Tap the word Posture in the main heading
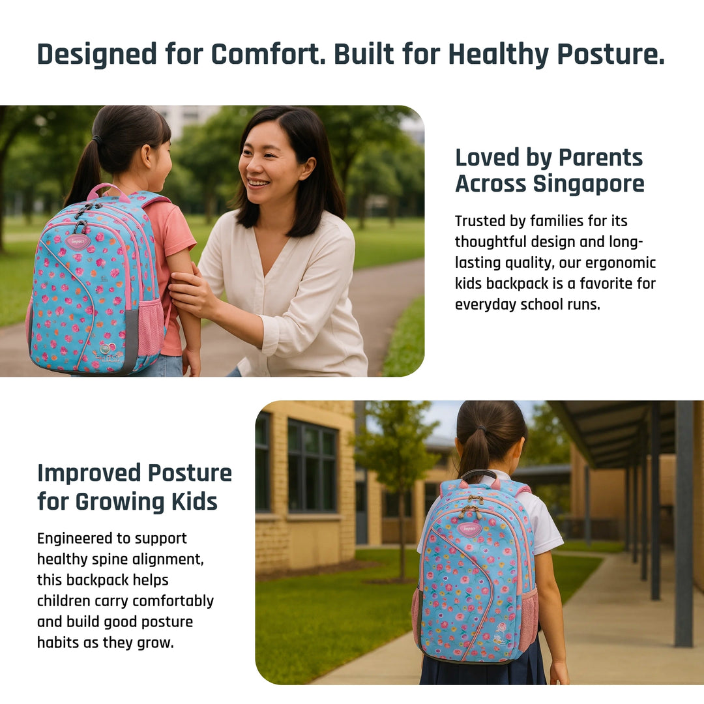(x=611, y=54)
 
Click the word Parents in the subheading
(x=600, y=158)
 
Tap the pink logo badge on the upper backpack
(x=78, y=242)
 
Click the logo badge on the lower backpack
(x=469, y=529)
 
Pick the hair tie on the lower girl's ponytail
(x=481, y=429)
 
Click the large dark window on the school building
(x=312, y=465)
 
